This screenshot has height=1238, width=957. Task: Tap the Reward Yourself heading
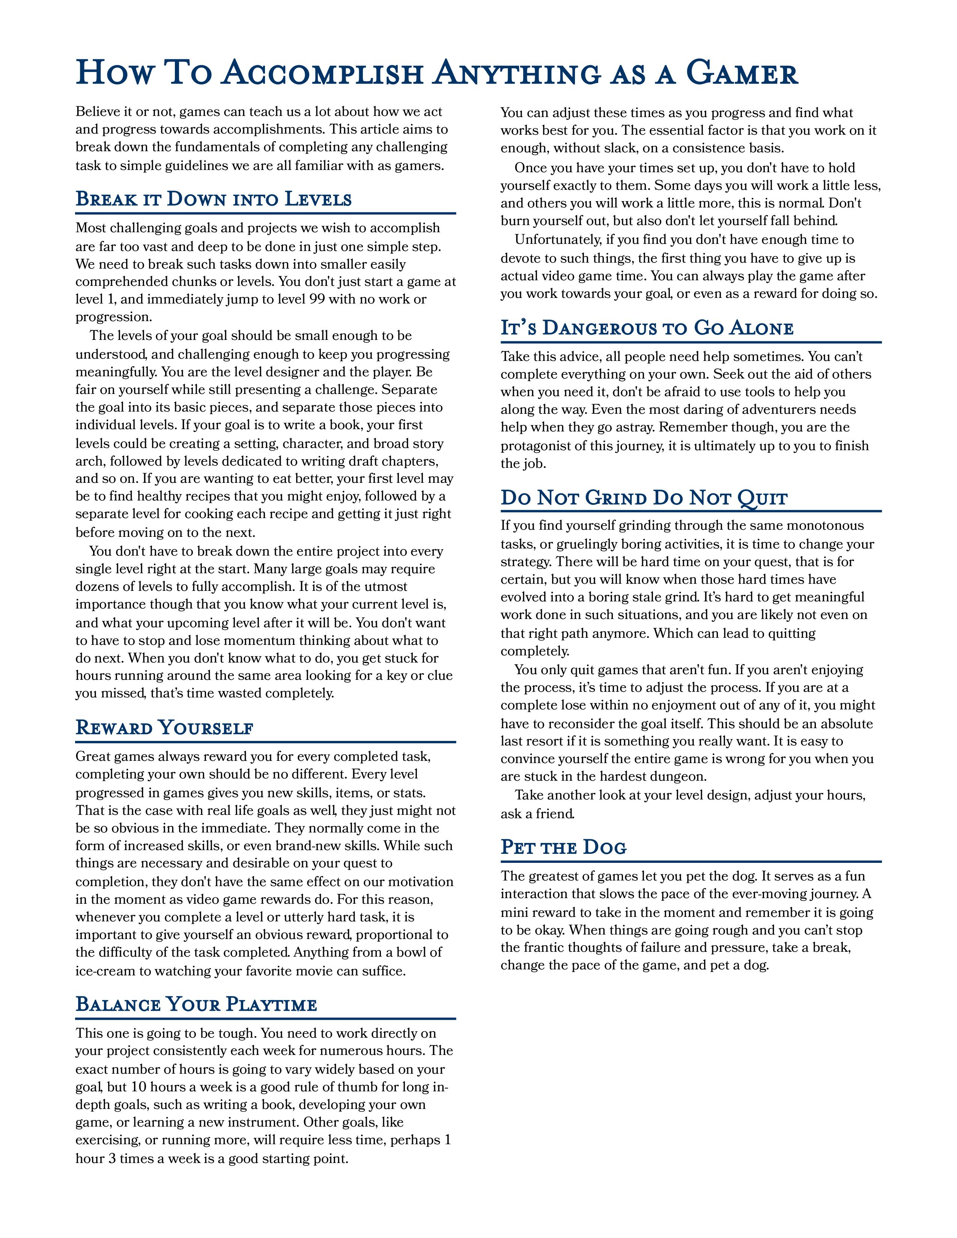(164, 727)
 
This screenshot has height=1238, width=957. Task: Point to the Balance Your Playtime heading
(196, 1004)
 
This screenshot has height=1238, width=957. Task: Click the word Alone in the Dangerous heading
(761, 328)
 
